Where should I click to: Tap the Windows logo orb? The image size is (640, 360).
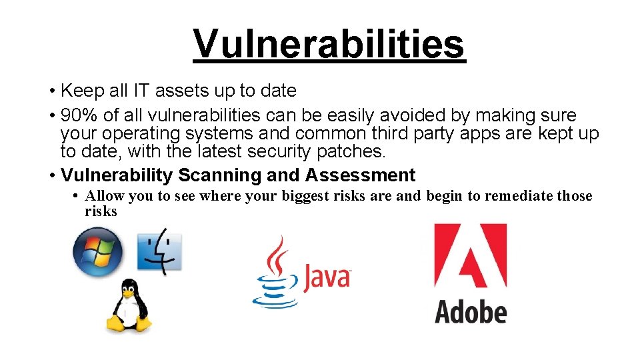(98, 252)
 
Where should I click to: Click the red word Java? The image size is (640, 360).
(327, 277)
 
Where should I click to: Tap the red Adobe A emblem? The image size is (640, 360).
(470, 257)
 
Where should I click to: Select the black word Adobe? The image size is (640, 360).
(471, 311)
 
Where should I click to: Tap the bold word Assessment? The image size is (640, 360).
(361, 175)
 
